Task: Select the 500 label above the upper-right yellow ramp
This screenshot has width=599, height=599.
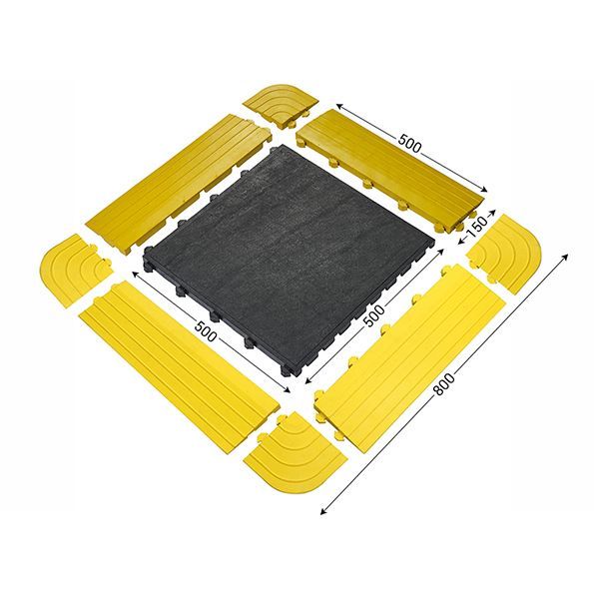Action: tap(410, 143)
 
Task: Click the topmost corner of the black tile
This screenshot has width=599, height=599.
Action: tap(297, 148)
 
